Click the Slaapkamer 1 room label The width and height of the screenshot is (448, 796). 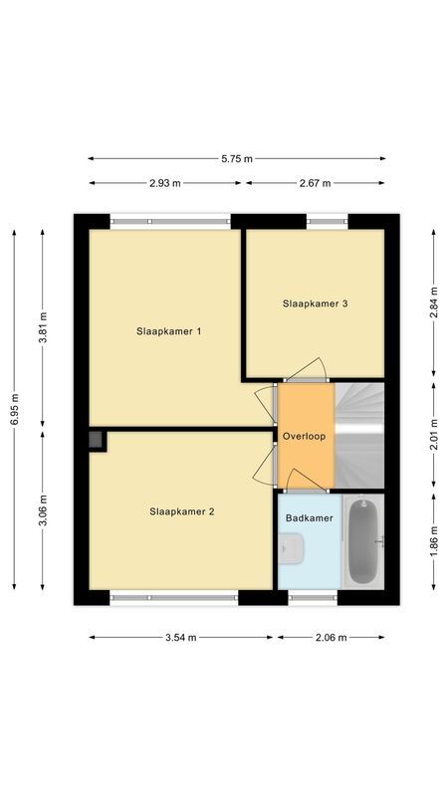pyautogui.click(x=169, y=330)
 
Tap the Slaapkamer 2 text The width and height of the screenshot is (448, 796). pyautogui.click(x=182, y=511)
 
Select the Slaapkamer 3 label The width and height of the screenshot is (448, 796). pyautogui.click(x=315, y=303)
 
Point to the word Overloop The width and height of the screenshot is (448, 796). pyautogui.click(x=305, y=437)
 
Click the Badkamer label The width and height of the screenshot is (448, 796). pyautogui.click(x=309, y=518)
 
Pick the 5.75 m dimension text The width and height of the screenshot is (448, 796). pyautogui.click(x=237, y=158)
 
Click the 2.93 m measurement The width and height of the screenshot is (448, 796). pyautogui.click(x=165, y=183)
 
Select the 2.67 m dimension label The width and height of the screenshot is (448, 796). pyautogui.click(x=316, y=183)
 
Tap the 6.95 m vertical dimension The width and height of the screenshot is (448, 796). pyautogui.click(x=14, y=409)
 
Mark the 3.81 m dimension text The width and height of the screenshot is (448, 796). pyautogui.click(x=42, y=327)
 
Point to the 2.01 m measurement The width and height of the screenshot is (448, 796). pyautogui.click(x=433, y=438)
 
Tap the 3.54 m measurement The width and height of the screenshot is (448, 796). pyautogui.click(x=180, y=637)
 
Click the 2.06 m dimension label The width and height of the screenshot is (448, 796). pyautogui.click(x=330, y=637)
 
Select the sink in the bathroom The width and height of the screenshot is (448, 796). pyautogui.click(x=291, y=546)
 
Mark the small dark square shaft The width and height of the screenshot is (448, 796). pyautogui.click(x=97, y=439)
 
